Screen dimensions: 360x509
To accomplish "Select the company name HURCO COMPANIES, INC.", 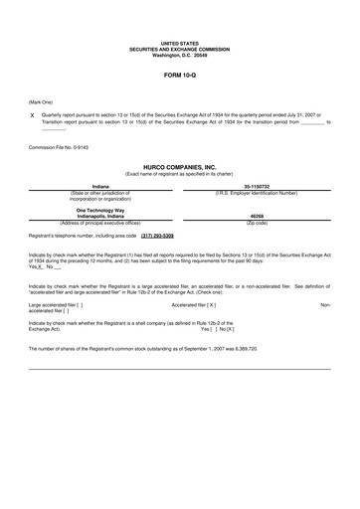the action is (x=180, y=168).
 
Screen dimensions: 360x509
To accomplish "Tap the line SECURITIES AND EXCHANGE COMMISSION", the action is (x=180, y=49).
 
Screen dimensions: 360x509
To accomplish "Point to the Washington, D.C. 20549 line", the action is (x=180, y=55).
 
